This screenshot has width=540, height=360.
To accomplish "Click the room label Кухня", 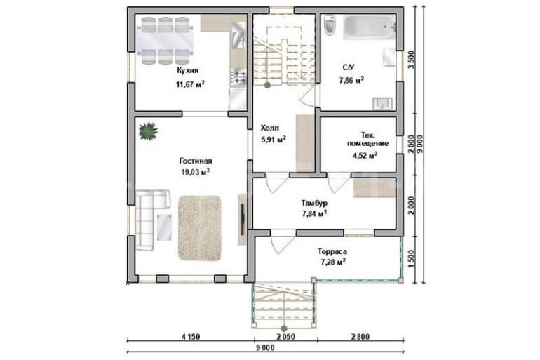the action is click(188, 71).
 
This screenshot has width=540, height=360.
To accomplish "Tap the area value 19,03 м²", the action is click(196, 172).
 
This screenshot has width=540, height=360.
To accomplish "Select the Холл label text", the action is click(270, 128).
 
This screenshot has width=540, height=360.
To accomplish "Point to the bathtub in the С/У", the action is click(370, 27).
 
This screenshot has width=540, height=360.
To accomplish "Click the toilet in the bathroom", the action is click(330, 25).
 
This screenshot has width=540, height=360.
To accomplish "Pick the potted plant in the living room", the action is click(149, 131).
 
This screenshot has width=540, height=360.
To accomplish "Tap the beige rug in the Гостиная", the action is click(200, 228).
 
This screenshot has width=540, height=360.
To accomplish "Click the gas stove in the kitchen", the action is click(238, 76).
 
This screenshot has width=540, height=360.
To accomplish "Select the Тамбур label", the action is click(314, 203).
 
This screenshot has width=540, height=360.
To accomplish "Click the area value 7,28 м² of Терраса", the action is click(333, 262).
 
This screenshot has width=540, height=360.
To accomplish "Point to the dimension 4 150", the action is click(191, 336).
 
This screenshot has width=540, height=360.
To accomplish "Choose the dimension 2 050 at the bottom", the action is click(286, 336).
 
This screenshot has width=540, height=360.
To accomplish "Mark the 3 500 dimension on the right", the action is click(411, 60).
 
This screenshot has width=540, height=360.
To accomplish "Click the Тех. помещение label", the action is click(367, 139).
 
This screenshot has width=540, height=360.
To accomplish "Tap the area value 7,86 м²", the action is click(351, 81).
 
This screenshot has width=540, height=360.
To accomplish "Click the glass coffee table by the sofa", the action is click(164, 227).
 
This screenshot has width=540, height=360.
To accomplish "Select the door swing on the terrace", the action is click(278, 245).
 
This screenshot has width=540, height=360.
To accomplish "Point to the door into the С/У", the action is click(309, 95).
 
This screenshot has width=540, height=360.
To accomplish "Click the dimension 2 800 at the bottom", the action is click(360, 336).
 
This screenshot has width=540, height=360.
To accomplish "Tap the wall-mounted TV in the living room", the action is click(243, 220).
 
